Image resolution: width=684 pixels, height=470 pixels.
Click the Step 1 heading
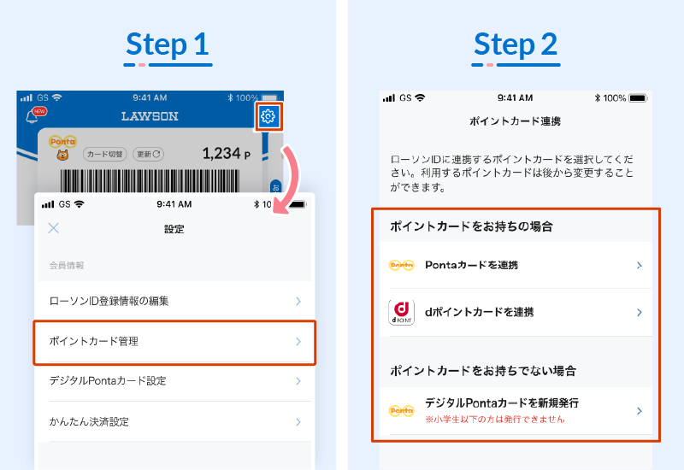point(168,44)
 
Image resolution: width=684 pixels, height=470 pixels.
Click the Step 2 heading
point(516,44)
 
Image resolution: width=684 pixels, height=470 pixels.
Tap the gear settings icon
point(268,116)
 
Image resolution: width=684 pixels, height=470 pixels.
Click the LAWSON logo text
point(150,116)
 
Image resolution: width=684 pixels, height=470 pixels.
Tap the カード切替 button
point(104,154)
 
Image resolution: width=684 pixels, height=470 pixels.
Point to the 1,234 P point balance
point(226,154)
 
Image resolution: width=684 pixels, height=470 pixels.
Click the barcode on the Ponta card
point(150,180)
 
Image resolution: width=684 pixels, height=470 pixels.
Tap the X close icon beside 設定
point(54,228)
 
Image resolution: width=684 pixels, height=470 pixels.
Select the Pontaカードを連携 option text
point(472,265)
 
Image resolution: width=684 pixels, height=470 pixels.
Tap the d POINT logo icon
point(401,312)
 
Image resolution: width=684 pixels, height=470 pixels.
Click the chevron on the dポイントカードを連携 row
point(639,312)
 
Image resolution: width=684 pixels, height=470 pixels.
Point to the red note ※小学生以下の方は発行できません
point(495,420)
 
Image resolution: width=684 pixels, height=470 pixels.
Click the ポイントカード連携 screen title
point(516,121)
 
